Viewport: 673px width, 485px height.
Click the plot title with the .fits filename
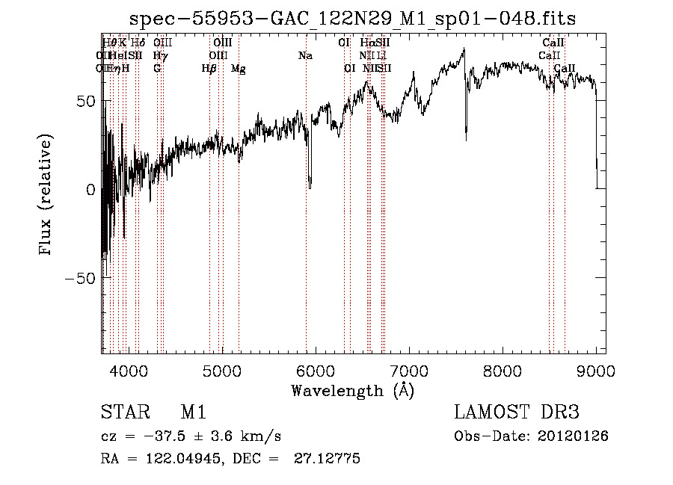353,19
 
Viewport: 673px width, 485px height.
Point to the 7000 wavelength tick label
409,371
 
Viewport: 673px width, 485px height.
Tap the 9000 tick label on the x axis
596,371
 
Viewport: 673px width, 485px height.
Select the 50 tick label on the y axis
86,101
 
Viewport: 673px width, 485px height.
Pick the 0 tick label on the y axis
91,190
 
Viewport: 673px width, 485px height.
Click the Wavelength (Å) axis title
352,390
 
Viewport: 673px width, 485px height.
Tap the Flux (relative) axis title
47,196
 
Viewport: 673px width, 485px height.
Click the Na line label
305,55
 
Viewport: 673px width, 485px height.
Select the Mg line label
239,69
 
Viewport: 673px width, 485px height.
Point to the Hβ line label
209,69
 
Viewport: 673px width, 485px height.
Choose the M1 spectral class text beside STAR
192,413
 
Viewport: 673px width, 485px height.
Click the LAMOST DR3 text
516,413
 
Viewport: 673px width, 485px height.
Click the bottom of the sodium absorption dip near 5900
310,185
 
